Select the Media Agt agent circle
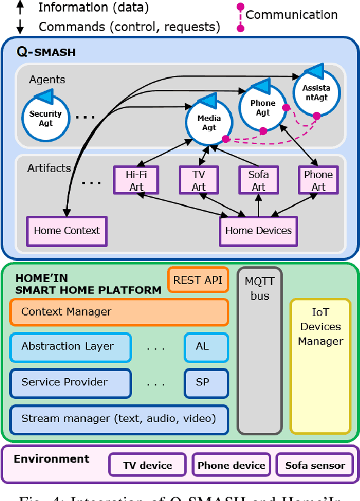click(209, 122)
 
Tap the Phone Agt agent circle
click(263, 108)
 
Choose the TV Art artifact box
click(199, 181)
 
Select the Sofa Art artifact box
click(259, 181)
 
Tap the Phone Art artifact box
click(319, 181)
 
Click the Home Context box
click(67, 231)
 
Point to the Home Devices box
click(258, 231)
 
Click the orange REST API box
click(198, 280)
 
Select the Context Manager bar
click(119, 312)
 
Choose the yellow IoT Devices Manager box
click(320, 365)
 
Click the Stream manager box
click(119, 418)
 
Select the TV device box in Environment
click(148, 466)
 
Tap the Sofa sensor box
click(315, 466)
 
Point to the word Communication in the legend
click(291, 15)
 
